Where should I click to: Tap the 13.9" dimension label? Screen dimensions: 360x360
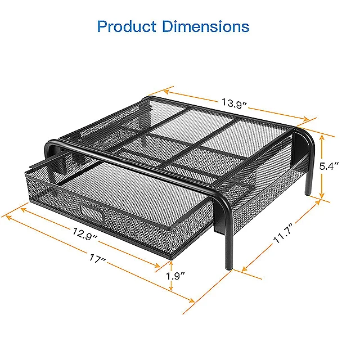click(233, 103)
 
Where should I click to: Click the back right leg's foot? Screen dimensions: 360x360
click(308, 193)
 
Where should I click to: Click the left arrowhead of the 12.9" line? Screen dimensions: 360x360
click(22, 208)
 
